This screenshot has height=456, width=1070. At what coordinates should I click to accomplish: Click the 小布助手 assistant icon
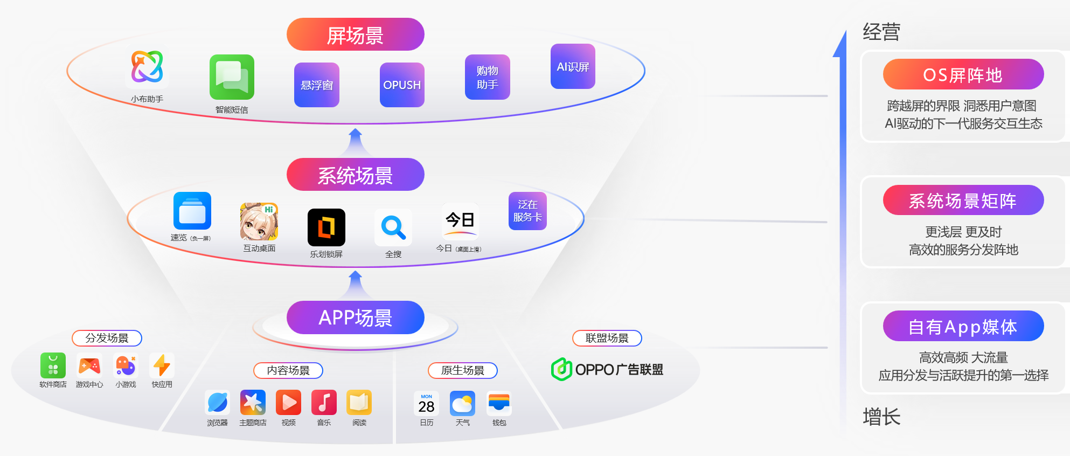click(147, 67)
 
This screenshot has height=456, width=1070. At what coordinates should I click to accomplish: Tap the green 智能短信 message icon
click(232, 77)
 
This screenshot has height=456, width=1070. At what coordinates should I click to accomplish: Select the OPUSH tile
click(402, 85)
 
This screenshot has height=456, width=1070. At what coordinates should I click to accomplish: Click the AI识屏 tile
click(573, 66)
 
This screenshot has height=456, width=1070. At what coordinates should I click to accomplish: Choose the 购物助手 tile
click(487, 77)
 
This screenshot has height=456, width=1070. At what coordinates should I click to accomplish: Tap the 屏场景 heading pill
click(355, 34)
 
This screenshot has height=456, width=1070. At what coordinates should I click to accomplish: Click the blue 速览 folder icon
click(192, 211)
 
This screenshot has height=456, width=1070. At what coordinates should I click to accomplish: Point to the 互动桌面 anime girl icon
click(259, 222)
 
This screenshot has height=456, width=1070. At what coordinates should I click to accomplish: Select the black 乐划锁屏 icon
click(326, 227)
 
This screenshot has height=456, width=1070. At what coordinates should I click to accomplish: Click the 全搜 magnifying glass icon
click(393, 227)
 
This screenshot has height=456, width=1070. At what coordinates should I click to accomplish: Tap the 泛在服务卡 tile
click(527, 211)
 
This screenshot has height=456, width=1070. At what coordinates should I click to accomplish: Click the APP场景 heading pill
click(355, 317)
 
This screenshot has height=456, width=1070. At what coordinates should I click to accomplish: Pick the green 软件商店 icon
click(53, 365)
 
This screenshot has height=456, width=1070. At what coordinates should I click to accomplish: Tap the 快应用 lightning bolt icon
click(162, 365)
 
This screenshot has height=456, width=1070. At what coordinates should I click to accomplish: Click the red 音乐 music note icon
click(324, 403)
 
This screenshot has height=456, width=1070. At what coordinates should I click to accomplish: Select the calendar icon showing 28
click(426, 404)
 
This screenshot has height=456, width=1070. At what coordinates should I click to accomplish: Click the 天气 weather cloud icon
click(462, 404)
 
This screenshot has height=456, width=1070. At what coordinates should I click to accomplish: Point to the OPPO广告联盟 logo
click(607, 369)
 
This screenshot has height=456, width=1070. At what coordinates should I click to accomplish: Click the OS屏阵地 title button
click(963, 74)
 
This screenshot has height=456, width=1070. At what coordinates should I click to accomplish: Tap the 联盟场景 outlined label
click(607, 338)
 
